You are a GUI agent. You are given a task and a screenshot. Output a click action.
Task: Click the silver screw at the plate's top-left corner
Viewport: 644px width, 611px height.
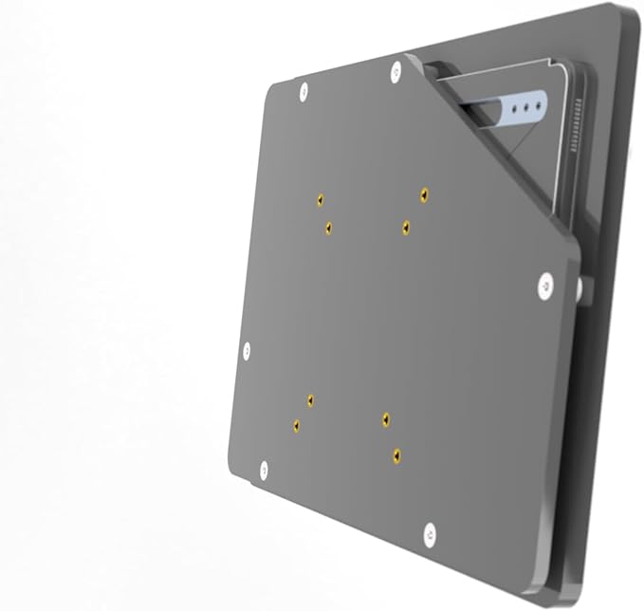click(304, 91)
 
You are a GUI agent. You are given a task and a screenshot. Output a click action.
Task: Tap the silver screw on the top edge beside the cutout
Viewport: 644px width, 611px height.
click(395, 71)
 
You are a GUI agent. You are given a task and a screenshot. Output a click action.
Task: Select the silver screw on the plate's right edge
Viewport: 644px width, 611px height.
click(545, 284)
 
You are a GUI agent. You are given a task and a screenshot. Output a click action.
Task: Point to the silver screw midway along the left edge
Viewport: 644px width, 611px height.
click(247, 351)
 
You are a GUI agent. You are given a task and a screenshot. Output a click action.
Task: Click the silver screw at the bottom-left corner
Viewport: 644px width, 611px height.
click(264, 469)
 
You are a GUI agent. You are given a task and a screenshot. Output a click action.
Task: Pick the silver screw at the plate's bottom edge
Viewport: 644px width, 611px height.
click(429, 534)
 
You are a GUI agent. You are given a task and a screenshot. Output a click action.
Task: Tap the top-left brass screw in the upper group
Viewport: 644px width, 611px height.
click(321, 199)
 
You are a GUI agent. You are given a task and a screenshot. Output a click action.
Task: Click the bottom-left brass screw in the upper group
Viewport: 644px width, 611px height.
click(328, 227)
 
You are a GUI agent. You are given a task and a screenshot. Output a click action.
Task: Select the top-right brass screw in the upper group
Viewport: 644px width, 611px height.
click(423, 194)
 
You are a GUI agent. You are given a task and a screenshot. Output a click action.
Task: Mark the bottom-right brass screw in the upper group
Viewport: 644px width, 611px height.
click(405, 227)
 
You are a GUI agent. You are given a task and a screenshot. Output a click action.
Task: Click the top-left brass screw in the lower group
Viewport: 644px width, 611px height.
click(310, 400)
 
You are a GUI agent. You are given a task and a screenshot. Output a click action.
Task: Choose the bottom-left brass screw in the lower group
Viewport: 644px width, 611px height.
click(296, 425)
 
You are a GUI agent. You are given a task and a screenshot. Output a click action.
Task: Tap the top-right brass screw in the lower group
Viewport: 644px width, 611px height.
click(385, 417)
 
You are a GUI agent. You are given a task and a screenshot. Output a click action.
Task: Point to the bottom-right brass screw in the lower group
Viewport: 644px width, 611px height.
click(396, 454)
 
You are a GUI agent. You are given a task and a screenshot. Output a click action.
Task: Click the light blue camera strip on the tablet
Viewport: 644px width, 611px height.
click(517, 106)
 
